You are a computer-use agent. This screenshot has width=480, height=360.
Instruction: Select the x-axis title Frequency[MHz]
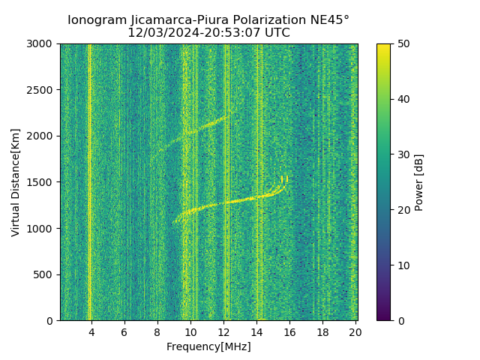pyautogui.click(x=208, y=346)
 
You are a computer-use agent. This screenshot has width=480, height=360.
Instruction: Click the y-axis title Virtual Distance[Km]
pyautogui.click(x=16, y=182)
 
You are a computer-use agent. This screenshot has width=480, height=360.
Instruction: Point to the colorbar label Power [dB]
pyautogui.click(x=419, y=182)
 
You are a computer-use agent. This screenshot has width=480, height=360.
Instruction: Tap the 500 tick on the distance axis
pyautogui.click(x=46, y=274)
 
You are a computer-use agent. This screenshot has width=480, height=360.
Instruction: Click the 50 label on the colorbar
pyautogui.click(x=402, y=44)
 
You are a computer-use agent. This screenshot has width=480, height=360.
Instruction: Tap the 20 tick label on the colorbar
pyautogui.click(x=402, y=210)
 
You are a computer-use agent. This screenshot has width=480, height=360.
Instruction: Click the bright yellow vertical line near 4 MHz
pyautogui.click(x=89, y=180)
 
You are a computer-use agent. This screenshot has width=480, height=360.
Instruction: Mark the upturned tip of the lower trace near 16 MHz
pyautogui.click(x=286, y=178)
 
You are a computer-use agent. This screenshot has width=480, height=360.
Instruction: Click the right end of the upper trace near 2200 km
pyautogui.click(x=230, y=113)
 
